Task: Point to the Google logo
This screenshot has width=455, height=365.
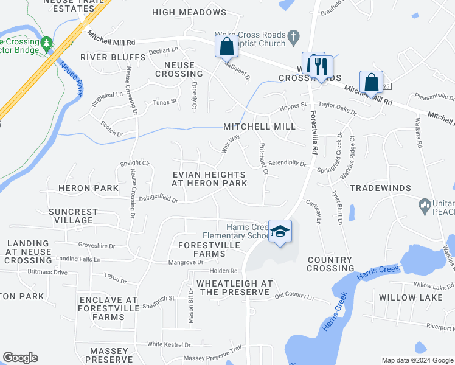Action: click(20, 358)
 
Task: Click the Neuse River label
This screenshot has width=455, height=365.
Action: click(72, 78)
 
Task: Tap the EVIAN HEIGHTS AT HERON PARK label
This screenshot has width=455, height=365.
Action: click(209, 178)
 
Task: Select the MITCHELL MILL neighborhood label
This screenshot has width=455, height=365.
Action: click(259, 127)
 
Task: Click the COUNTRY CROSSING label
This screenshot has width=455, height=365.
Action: click(330, 264)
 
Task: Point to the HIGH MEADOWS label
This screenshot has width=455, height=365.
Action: click(189, 12)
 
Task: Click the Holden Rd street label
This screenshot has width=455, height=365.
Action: click(223, 271)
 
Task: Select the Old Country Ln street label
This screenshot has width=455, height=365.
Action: click(294, 297)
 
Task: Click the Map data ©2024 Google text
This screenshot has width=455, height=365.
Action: click(416, 360)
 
